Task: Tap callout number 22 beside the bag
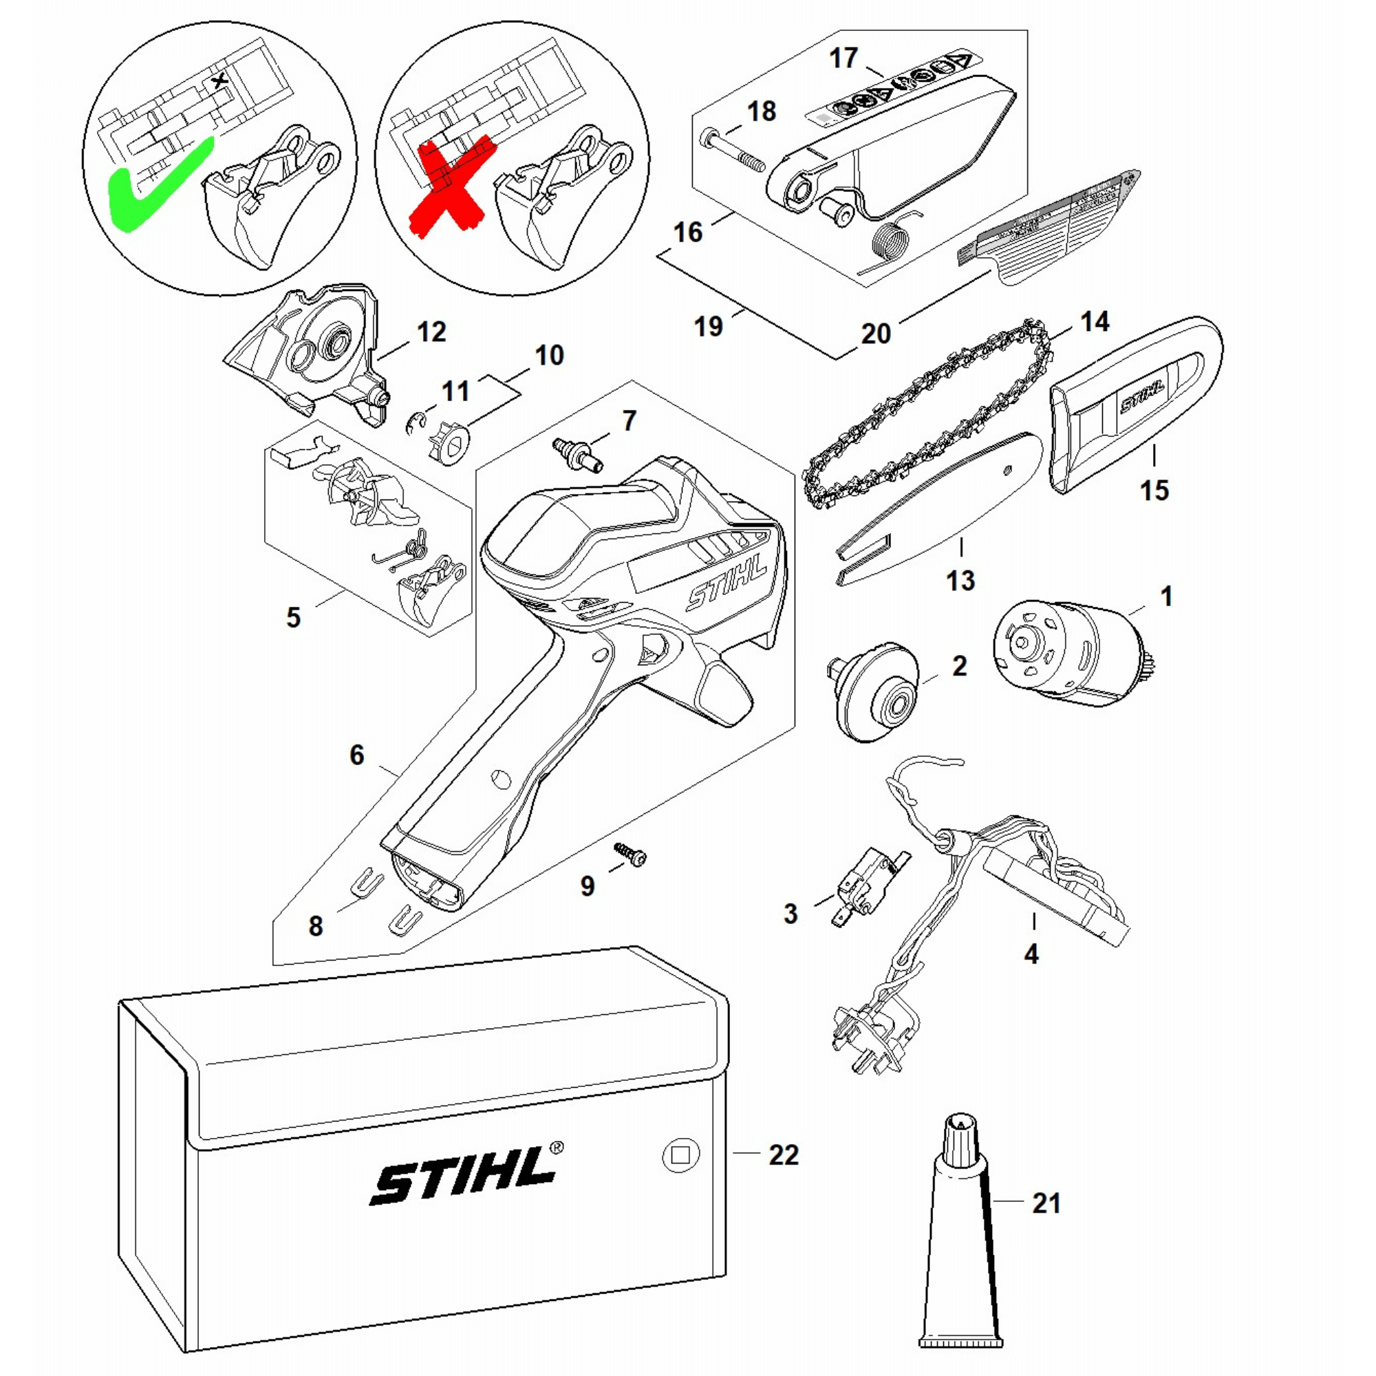pyautogui.click(x=784, y=1154)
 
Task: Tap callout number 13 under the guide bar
pyautogui.click(x=960, y=580)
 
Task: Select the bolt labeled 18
pyautogui.click(x=733, y=151)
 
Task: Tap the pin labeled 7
pyautogui.click(x=578, y=453)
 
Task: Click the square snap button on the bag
pyautogui.click(x=681, y=1154)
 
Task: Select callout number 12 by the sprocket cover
pyautogui.click(x=431, y=332)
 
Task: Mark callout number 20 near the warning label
pyautogui.click(x=875, y=333)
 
